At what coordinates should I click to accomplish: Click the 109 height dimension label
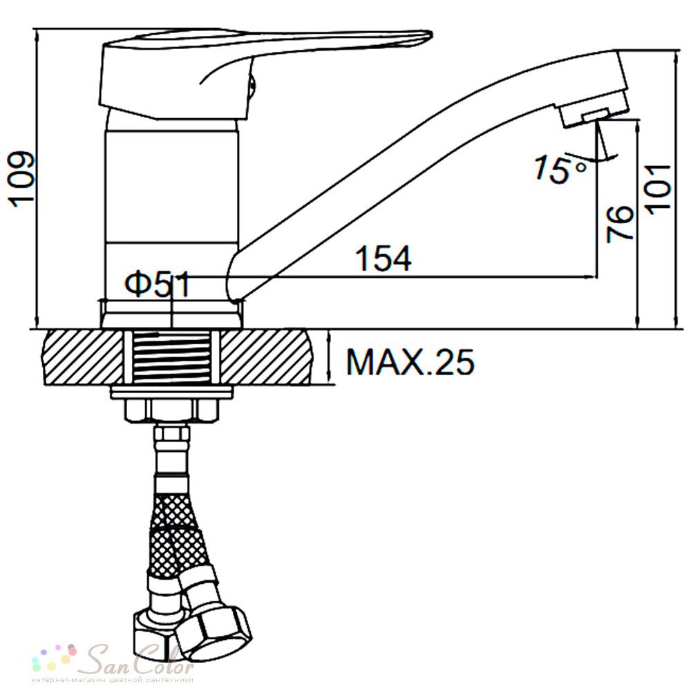click(x=22, y=178)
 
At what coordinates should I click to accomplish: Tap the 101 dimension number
click(x=659, y=189)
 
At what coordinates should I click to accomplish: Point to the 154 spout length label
click(x=384, y=258)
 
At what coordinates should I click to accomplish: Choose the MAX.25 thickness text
click(x=410, y=362)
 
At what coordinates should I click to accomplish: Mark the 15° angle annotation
click(x=560, y=169)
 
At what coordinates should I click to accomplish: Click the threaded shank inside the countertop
click(x=171, y=357)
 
